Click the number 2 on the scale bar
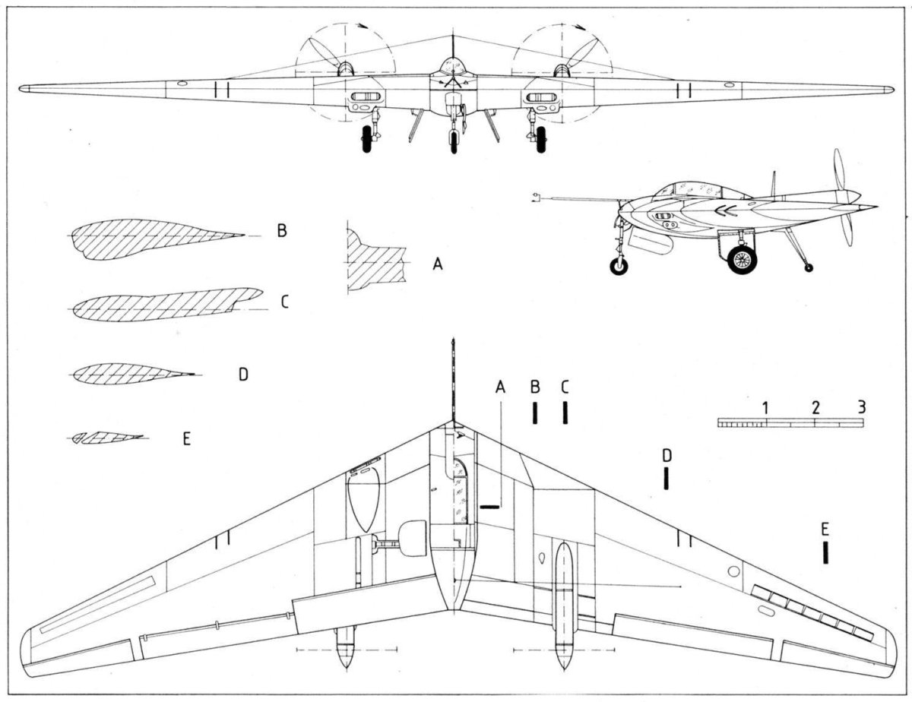815,407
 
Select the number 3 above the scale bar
861,406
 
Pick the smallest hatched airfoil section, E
107,438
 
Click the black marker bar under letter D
667,478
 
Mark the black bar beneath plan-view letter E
825,552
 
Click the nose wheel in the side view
619,265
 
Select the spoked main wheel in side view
741,259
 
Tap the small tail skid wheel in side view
808,267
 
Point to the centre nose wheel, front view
454,141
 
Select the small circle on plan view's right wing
733,571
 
